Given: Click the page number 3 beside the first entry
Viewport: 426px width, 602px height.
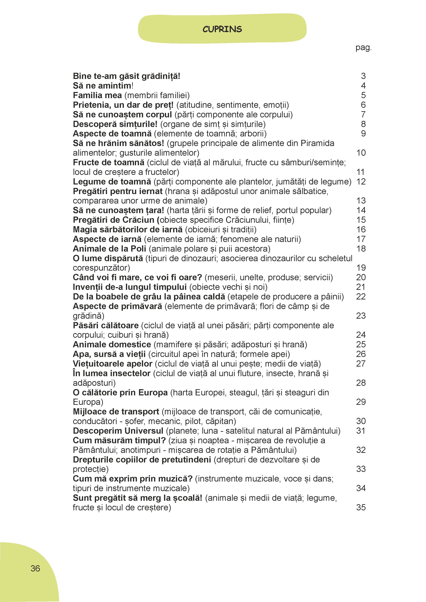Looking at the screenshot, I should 363,76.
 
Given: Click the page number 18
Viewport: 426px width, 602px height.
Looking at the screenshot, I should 361,248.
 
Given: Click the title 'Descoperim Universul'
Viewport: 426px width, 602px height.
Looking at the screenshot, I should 118,431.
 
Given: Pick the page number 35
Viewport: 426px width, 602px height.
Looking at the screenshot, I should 361,507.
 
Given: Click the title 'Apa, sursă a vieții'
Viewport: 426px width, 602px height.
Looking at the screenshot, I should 109,354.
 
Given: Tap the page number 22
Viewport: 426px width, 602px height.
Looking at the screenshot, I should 361,297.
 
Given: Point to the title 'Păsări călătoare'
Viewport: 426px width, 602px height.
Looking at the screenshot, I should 106,325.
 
